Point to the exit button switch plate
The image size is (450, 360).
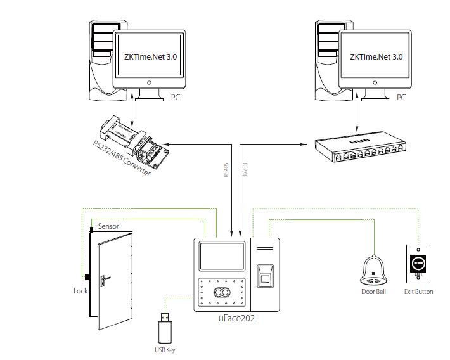pyautogui.click(x=418, y=262)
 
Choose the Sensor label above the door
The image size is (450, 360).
pyautogui.click(x=108, y=226)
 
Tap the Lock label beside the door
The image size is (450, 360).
pyautogui.click(x=80, y=292)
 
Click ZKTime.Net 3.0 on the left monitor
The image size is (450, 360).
pyautogui.click(x=150, y=56)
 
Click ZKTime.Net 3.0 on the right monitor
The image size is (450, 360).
pyautogui.click(x=376, y=56)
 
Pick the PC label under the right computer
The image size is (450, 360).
pyautogui.click(x=401, y=98)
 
